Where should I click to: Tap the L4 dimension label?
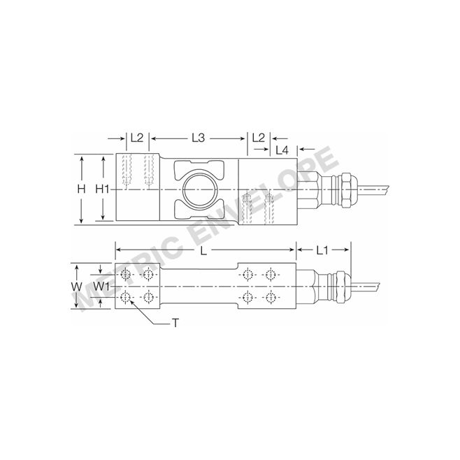point(282,150)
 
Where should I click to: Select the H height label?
point(81,189)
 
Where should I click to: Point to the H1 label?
point(103,189)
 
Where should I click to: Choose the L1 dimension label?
point(322,250)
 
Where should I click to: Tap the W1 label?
point(102,287)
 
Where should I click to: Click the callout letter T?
point(175,323)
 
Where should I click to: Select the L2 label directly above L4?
point(258,138)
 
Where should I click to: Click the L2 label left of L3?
point(136,138)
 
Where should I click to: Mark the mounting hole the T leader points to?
point(125,299)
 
